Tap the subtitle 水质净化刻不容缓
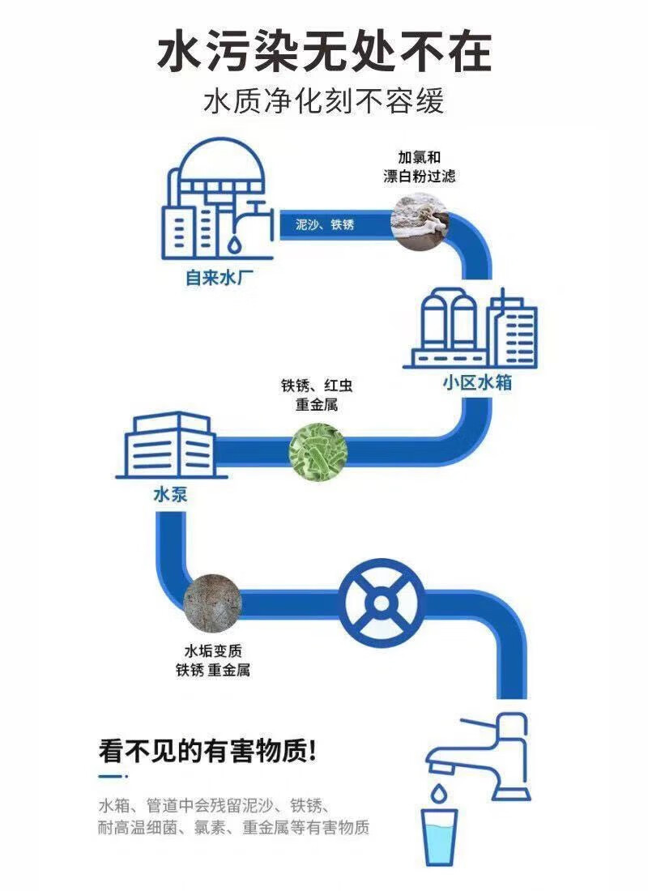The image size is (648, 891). point(324,104)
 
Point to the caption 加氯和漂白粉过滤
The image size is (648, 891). point(418,167)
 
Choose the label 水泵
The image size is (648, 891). point(169,495)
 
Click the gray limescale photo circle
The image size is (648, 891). point(212,601)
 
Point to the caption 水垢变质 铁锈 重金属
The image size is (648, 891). point(212,660)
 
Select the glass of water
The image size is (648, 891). point(440,838)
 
